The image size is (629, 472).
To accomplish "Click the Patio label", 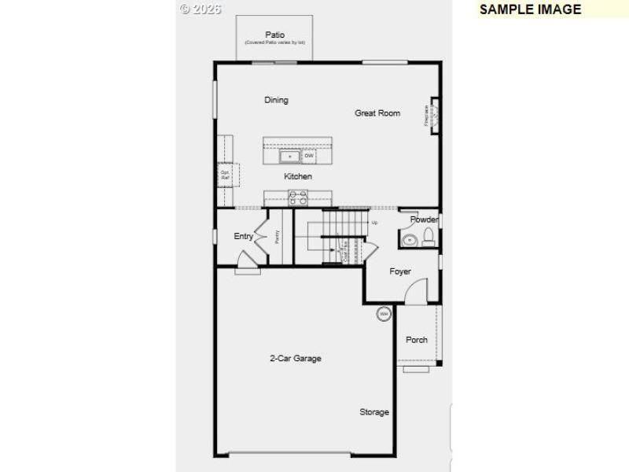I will click(x=274, y=35).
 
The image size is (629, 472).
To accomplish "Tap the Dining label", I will click(x=276, y=100).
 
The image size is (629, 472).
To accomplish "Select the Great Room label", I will click(x=377, y=113).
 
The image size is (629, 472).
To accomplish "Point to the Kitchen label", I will click(x=298, y=176).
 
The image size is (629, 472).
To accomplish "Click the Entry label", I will click(x=244, y=236).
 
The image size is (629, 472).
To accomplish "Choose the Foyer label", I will click(x=400, y=271).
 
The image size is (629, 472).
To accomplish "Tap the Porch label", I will click(x=417, y=340).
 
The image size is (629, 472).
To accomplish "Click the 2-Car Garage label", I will click(x=296, y=359).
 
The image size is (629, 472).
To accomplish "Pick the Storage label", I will click(x=374, y=412).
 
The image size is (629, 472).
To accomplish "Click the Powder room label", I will click(x=424, y=219).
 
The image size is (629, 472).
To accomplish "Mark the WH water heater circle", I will click(x=384, y=314).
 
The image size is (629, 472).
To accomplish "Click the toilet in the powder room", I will click(x=429, y=238).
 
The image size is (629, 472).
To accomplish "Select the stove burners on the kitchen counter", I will click(x=299, y=198).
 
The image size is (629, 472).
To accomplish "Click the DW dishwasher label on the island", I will click(x=309, y=156).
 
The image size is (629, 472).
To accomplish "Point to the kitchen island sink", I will click(x=290, y=156).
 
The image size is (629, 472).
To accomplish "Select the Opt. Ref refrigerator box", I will click(x=226, y=175).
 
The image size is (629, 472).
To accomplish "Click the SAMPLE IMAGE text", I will click(x=530, y=9).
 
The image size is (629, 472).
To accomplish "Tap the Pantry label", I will click(x=278, y=236).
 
